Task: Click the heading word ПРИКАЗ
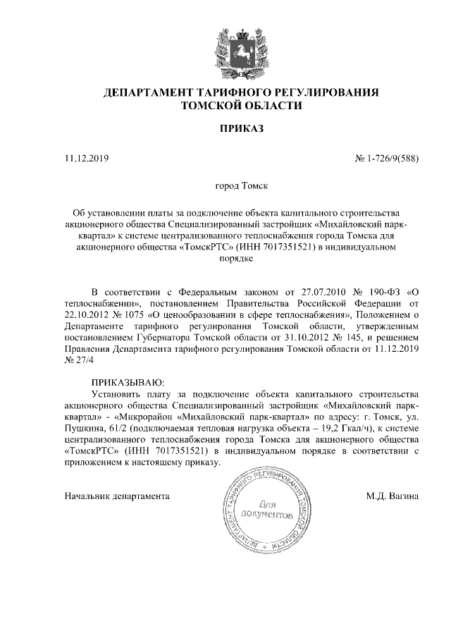coord(241,130)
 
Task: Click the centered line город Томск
coord(241,187)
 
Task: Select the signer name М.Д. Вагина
coord(392,496)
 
